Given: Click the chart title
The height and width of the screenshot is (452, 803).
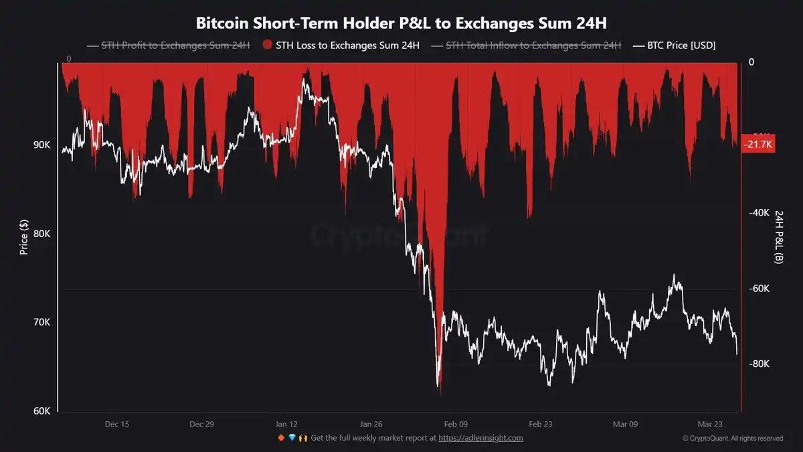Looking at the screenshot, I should pyautogui.click(x=401, y=23).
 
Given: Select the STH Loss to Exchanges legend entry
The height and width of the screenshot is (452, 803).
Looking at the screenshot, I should pyautogui.click(x=341, y=46).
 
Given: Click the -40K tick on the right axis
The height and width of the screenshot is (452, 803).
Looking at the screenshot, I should pyautogui.click(x=759, y=213).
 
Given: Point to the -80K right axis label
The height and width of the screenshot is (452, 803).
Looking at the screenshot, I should pyautogui.click(x=759, y=364).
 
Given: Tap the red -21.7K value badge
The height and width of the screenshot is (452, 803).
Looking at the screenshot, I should pyautogui.click(x=759, y=145).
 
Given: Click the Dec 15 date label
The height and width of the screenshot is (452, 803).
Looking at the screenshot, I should pyautogui.click(x=117, y=424).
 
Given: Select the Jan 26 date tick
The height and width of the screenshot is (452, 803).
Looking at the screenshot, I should pyautogui.click(x=371, y=424).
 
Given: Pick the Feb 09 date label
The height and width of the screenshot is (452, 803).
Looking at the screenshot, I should pyautogui.click(x=456, y=424).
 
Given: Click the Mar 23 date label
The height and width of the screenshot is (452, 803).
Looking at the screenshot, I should pyautogui.click(x=709, y=424).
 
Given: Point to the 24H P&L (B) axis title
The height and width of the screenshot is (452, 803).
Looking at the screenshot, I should pyautogui.click(x=779, y=236).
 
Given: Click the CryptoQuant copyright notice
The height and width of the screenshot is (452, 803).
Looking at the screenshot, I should pyautogui.click(x=733, y=439).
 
